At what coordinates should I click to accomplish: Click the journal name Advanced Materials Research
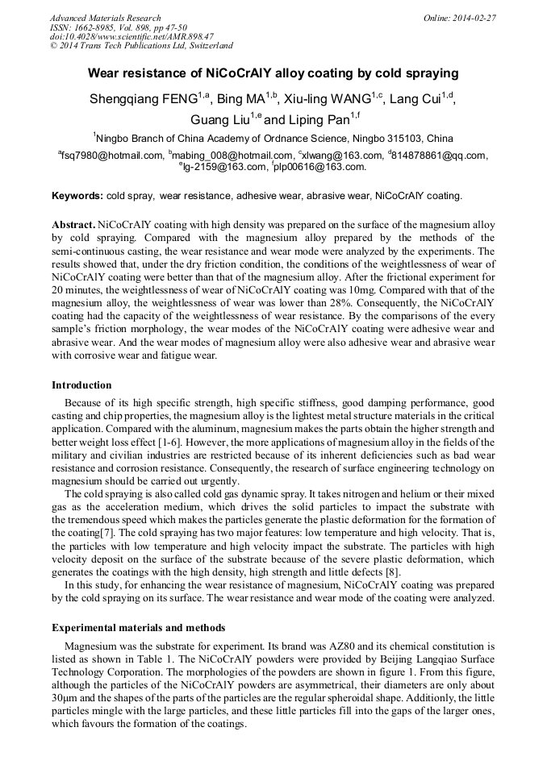[x=106, y=18]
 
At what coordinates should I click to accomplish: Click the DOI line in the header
[x=132, y=36]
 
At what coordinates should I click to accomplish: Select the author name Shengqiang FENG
[x=145, y=100]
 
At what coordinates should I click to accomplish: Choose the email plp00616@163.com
[x=320, y=167]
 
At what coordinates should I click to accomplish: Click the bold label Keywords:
[x=77, y=196]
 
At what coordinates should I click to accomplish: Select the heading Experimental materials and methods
[x=138, y=627]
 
